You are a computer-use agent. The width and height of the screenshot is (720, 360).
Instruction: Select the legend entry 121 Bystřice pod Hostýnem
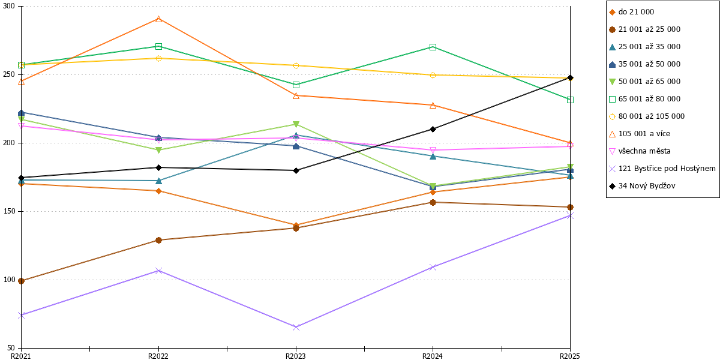(x=662, y=169)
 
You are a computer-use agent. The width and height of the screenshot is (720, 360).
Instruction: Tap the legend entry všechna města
(x=640, y=151)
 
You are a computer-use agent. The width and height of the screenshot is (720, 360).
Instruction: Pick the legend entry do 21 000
(x=631, y=12)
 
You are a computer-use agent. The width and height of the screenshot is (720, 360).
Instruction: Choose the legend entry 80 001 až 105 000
(x=647, y=116)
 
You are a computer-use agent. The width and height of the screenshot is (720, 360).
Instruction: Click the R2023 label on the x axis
(x=296, y=356)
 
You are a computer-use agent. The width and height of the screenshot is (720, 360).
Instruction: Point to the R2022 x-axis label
(x=158, y=356)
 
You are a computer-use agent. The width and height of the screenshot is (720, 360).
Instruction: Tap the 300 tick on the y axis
(x=9, y=6)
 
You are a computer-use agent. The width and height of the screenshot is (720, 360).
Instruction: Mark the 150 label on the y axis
(x=9, y=211)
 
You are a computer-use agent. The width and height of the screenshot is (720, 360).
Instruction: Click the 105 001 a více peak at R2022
(x=158, y=19)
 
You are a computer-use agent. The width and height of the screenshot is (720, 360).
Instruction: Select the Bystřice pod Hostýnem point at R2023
(x=296, y=327)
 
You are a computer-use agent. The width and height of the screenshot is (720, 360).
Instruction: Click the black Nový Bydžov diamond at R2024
(x=433, y=129)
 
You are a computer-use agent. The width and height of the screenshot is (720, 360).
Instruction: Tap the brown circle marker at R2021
(x=21, y=281)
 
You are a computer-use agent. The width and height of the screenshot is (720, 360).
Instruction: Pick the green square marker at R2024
(x=433, y=47)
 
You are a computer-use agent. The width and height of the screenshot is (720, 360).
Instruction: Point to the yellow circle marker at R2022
(x=158, y=59)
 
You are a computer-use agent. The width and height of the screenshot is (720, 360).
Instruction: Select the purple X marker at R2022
(x=158, y=271)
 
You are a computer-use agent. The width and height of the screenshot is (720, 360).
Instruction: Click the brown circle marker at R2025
(x=570, y=208)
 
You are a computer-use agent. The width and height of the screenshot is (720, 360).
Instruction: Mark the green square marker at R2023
(x=296, y=85)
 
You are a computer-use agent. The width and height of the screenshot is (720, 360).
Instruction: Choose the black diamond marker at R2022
(x=158, y=167)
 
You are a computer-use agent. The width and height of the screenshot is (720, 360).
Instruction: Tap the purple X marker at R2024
(x=433, y=267)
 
